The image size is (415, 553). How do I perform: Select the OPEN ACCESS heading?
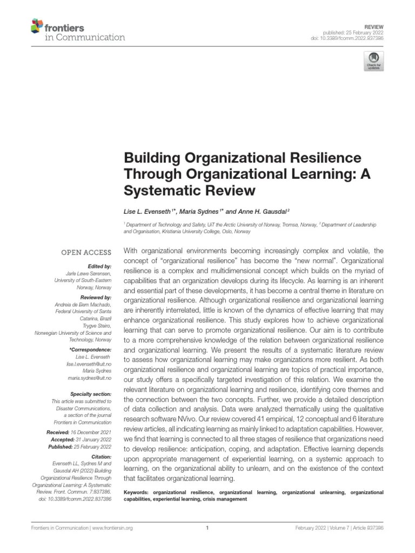click(86, 252)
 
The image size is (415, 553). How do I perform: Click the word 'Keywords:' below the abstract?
click(137, 493)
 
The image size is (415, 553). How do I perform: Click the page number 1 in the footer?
click(207, 529)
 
